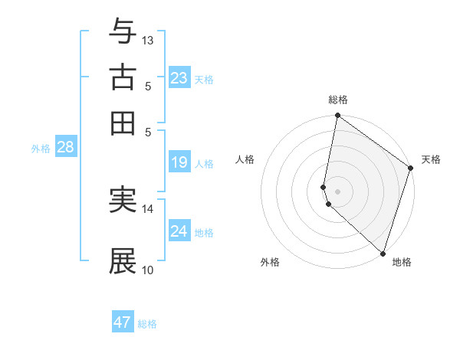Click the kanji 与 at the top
click(123, 31)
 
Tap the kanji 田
click(123, 123)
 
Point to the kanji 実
click(123, 200)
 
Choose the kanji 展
click(123, 261)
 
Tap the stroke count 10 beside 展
click(148, 270)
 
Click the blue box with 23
click(179, 77)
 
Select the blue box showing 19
click(179, 162)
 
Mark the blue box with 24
click(179, 231)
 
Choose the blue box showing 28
click(65, 147)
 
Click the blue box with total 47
click(123, 322)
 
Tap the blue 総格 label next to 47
click(147, 324)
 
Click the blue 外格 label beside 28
click(41, 149)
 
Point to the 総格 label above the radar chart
click(337, 100)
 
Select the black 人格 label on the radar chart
click(245, 159)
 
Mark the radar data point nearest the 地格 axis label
click(383, 254)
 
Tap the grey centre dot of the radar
click(337, 191)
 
